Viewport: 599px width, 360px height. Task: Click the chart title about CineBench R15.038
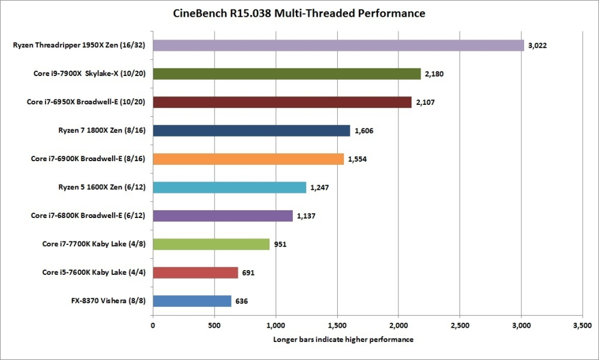(x=299, y=13)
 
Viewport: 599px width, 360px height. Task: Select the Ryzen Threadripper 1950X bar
(x=338, y=45)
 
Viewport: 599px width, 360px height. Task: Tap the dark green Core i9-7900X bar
(x=287, y=74)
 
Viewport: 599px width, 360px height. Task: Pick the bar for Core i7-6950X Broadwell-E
(x=282, y=102)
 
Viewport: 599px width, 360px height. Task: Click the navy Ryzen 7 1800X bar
(x=252, y=131)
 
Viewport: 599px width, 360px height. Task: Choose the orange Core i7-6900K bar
(x=248, y=159)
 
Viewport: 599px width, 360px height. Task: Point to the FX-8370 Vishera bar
(x=192, y=301)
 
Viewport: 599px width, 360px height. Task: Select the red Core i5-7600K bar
(x=195, y=273)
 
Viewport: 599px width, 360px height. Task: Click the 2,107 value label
(x=426, y=102)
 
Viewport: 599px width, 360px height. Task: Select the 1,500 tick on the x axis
(x=337, y=326)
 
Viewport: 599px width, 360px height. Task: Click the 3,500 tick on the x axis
(x=582, y=326)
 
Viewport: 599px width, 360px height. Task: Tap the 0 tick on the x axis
(x=153, y=326)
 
